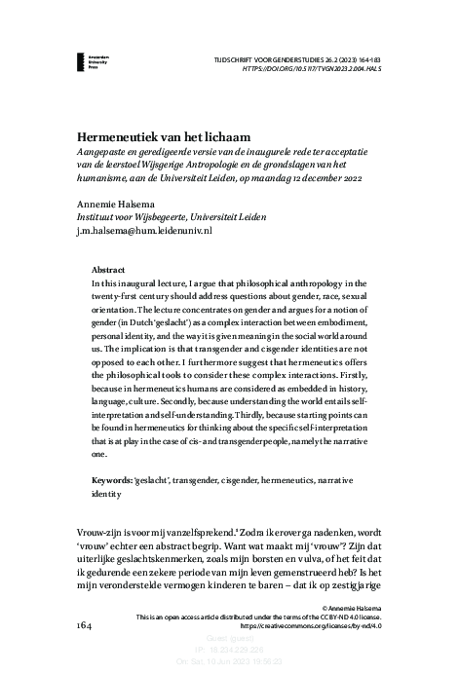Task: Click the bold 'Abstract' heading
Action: coord(107,268)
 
